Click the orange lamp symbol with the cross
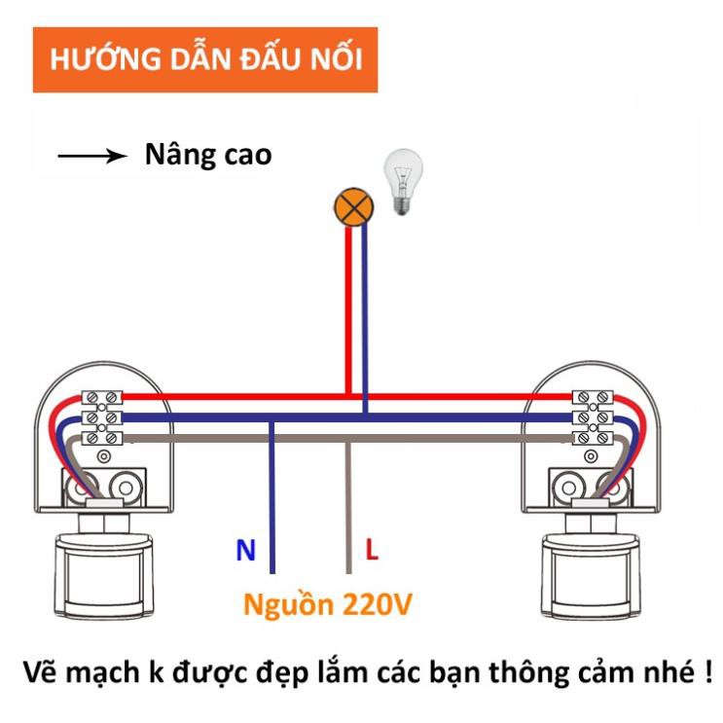353,207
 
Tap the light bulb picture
404,182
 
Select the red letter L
372,549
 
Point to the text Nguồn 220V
327,605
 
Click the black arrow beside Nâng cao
92,156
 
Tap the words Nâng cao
208,155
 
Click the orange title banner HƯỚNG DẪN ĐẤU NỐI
205,60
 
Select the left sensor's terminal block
102,417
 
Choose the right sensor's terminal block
593,417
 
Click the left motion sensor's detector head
104,575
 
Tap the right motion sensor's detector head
591,575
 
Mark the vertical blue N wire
272,497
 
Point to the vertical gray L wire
348,508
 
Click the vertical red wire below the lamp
348,311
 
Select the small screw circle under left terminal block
104,457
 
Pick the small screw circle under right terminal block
591,457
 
